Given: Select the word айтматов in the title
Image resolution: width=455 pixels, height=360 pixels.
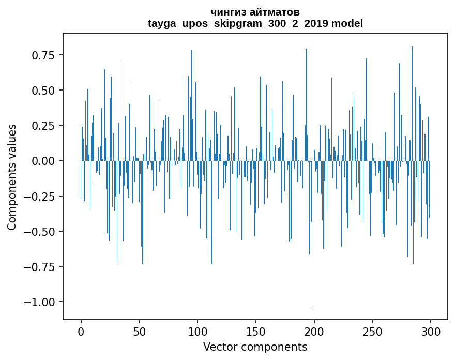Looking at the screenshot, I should coord(275,12).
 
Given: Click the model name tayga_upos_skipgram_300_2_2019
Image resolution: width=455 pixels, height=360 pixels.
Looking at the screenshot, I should coord(238,23).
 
